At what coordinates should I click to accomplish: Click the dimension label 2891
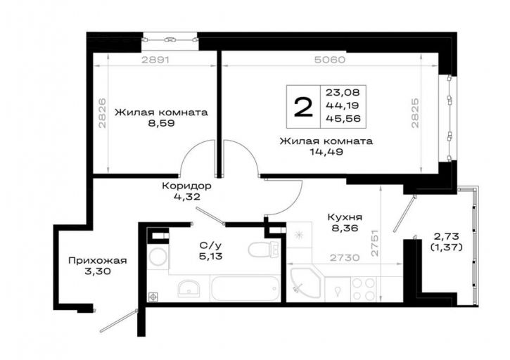pos(155,60)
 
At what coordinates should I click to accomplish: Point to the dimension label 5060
pos(330,60)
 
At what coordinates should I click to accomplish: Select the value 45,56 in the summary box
pos(343,118)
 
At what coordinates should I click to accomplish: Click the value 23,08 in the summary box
pos(343,93)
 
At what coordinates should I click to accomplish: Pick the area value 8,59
pos(162,123)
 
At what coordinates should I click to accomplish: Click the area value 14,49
pos(326,152)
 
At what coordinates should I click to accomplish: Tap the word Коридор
pos(186,186)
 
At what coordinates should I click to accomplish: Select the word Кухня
pos(345,217)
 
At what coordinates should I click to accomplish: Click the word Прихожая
pos(98,260)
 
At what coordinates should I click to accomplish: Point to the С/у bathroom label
pos(211,246)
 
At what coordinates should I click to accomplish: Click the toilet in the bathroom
pos(264,250)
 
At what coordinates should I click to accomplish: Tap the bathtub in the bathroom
pos(246,288)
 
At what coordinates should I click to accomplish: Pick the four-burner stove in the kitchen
pos(364,289)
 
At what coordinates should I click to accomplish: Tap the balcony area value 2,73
pos(446,236)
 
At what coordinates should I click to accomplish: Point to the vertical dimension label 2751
pos(375,243)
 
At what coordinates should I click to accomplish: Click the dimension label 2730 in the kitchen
pos(345,258)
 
